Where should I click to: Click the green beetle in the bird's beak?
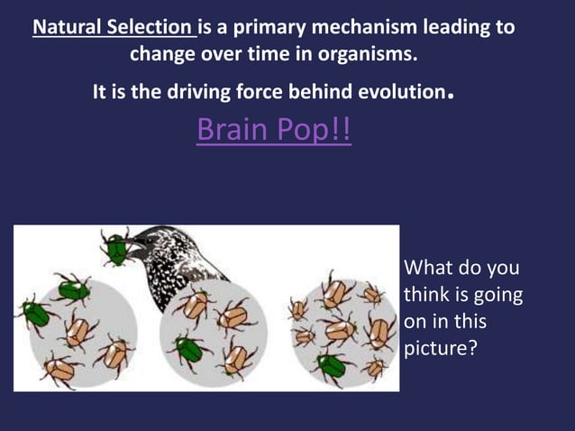pyautogui.click(x=115, y=247)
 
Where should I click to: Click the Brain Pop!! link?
pyautogui.click(x=273, y=132)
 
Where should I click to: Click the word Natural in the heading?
pyautogui.click(x=68, y=27)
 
